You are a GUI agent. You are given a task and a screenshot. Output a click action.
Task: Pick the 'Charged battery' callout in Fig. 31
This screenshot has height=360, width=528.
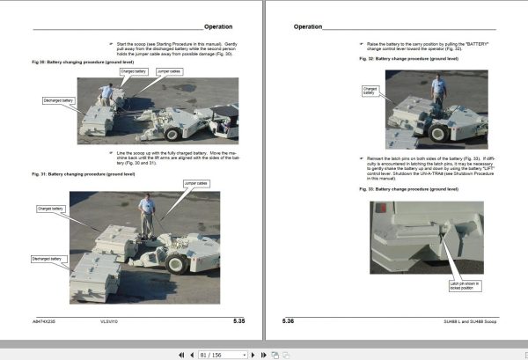click(x=51, y=209)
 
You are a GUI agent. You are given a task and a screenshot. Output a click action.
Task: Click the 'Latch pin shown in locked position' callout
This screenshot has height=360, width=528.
click(x=463, y=286)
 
